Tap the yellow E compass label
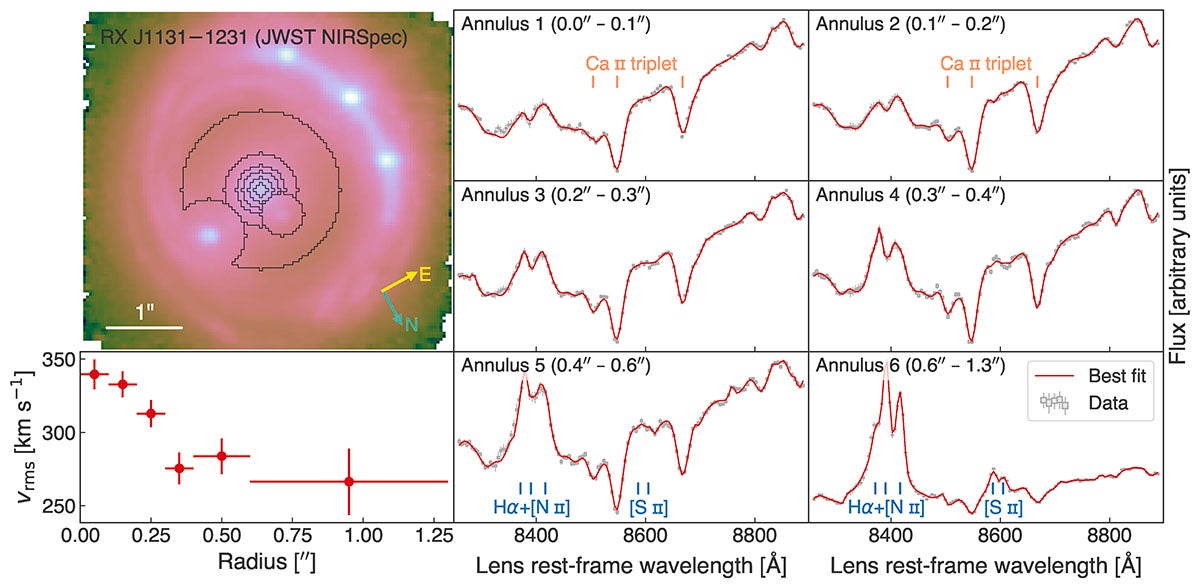[424, 274]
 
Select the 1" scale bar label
[144, 312]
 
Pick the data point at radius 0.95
[348, 481]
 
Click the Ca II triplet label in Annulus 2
[985, 63]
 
